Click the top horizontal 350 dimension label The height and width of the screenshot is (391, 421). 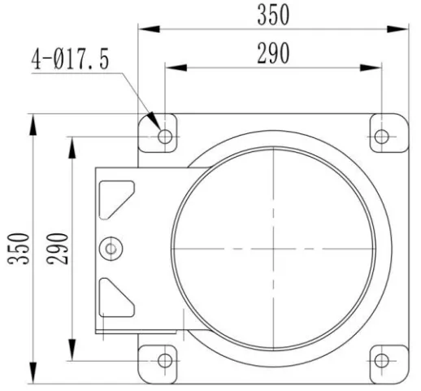click(273, 15)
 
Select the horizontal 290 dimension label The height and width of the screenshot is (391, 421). click(273, 54)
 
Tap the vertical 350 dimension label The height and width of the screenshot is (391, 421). click(18, 249)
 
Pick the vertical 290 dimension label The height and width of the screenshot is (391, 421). click(57, 249)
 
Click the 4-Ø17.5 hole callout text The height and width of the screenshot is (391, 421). click(70, 59)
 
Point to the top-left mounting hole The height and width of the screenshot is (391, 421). click(165, 137)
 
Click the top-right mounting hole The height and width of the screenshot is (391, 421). click(381, 137)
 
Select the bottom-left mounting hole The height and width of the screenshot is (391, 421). click(165, 361)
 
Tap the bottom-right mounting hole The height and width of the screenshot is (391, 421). click(381, 361)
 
